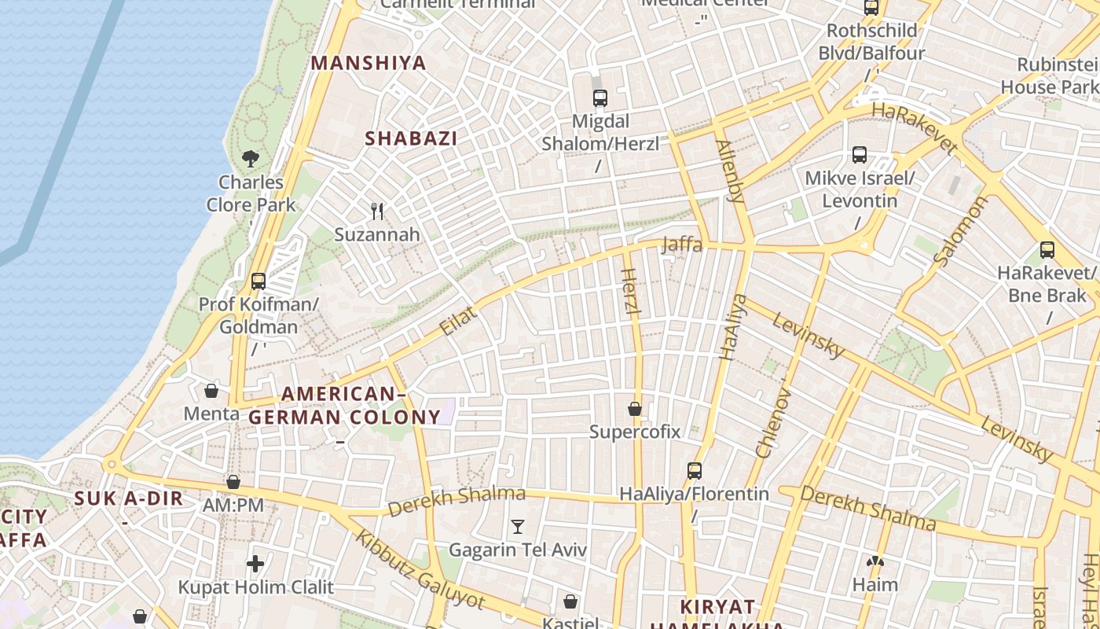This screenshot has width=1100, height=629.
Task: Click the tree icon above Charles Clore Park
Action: pos(251,159)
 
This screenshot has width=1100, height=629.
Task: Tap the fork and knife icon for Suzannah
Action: pos(377,211)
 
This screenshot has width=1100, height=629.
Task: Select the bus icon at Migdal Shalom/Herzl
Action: pos(600,98)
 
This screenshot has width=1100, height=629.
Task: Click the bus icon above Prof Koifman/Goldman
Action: pos(258,281)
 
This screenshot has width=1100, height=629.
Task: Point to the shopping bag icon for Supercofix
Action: pos(635,409)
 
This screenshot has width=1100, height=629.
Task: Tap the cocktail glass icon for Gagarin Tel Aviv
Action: pos(518,526)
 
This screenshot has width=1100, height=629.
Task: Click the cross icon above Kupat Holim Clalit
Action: pos(255,563)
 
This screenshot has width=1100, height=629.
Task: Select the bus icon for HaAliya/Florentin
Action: pos(695,471)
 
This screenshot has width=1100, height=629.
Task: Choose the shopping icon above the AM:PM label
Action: pos(233,482)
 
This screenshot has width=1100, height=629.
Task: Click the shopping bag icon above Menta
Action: pos(211,390)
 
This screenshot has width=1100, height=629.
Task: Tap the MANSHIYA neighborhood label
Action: pos(368,63)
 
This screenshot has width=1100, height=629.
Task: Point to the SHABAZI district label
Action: pos(411,138)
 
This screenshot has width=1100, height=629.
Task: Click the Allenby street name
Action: pos(730,171)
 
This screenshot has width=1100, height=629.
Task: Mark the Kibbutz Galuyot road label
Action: pos(419,570)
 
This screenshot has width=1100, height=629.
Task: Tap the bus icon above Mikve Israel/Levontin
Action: pos(860,155)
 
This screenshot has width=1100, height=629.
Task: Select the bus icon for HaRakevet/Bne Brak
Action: pos(1047,250)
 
